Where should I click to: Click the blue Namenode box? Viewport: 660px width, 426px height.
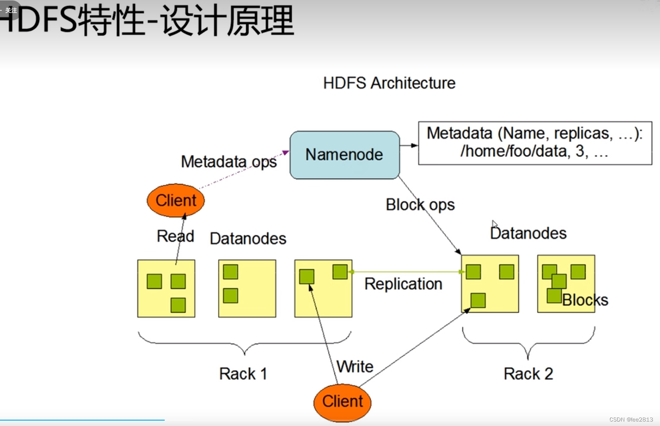click(345, 155)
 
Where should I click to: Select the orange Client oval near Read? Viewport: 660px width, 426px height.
click(176, 200)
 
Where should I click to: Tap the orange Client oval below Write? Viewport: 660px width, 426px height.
click(342, 401)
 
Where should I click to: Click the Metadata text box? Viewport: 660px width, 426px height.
click(535, 142)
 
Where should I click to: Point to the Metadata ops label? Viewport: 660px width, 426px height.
click(229, 161)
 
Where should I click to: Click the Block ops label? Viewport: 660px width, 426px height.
click(420, 205)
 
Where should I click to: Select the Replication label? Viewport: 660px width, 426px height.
click(403, 284)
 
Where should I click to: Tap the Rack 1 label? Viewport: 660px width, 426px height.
click(243, 374)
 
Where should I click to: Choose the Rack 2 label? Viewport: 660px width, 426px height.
click(528, 374)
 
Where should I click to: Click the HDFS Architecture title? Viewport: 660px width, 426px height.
click(389, 83)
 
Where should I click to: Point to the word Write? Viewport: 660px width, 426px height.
click(355, 366)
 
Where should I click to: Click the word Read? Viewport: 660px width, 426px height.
click(175, 236)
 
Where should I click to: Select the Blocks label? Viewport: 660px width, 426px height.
click(585, 300)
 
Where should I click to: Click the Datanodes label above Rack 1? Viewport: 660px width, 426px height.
click(248, 238)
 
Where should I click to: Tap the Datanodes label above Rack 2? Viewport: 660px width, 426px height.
click(528, 233)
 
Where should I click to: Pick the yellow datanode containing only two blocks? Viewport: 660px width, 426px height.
click(247, 289)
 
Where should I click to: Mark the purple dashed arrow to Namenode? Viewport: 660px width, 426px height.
click(243, 170)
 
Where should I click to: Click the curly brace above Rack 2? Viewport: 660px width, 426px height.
click(528, 344)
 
